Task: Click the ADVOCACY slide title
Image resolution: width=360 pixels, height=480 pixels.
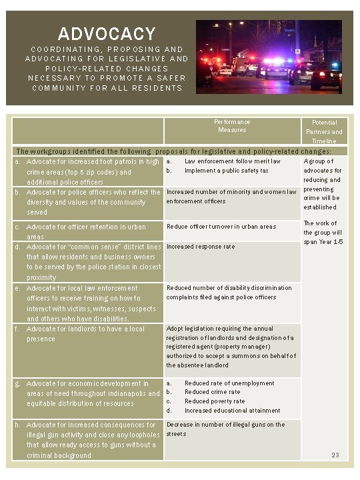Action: pos(107,34)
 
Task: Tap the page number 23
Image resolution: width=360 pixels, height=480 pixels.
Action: pos(335,456)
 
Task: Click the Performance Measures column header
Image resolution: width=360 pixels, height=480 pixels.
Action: pos(232,126)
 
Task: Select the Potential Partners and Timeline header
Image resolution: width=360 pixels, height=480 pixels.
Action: pos(324,131)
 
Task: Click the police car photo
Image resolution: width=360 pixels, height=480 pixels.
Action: pos(269,56)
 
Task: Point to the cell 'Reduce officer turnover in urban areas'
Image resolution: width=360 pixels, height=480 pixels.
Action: pos(221,227)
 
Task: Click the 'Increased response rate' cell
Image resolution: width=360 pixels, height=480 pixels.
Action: pos(201,247)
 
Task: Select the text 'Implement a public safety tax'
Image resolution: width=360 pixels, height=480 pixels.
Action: pos(227,171)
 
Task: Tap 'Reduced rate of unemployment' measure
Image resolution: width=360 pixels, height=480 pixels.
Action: pos(229,383)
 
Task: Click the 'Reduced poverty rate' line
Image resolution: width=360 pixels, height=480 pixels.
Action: pos(215,401)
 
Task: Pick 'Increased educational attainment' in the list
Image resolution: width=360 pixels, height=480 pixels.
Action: pos(232,411)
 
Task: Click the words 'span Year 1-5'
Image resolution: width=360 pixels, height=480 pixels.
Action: pos(323,241)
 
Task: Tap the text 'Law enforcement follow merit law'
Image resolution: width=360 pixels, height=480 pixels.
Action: pos(232,161)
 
